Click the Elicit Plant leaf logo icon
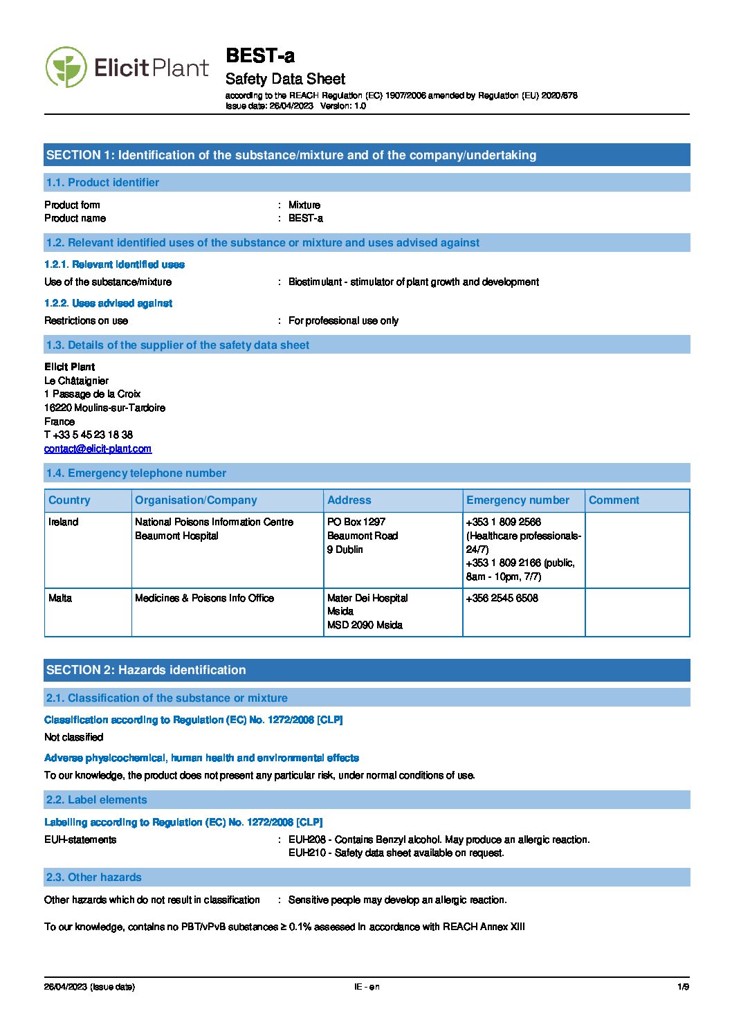[66, 67]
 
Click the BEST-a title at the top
[260, 55]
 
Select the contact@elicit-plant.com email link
[98, 448]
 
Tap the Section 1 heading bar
[367, 155]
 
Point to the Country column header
[69, 500]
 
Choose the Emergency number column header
[518, 500]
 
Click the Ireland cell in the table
[64, 522]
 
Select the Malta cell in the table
[60, 598]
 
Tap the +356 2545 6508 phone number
[502, 598]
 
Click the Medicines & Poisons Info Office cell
[204, 598]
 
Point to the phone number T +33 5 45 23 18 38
[89, 435]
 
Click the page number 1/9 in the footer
[683, 987]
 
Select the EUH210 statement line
[396, 853]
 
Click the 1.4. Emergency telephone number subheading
[136, 473]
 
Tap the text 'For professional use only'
[343, 320]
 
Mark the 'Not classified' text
[74, 737]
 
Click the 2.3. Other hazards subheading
[94, 878]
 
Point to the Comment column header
[614, 500]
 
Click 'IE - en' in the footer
[367, 987]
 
